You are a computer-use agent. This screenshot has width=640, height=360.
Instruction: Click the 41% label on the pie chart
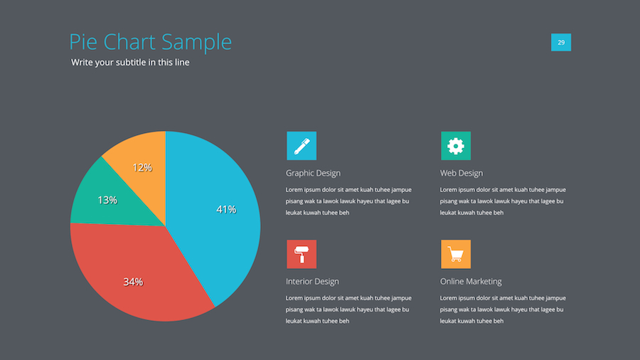pos(226,209)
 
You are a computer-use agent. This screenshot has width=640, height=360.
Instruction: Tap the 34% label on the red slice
pos(133,282)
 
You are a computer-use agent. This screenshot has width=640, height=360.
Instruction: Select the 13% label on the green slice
pos(107,200)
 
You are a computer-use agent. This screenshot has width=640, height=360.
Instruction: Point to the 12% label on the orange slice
pos(142,167)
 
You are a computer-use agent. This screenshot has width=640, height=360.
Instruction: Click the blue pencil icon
pos(302,146)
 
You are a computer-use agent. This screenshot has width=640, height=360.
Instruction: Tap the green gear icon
pos(456,146)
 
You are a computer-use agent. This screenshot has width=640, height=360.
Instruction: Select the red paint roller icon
pos(302,254)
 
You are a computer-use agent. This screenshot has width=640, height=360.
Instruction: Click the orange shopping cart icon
pos(456,254)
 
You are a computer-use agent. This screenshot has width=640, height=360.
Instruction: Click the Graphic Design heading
pos(313,173)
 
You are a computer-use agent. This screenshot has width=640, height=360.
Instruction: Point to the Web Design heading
pos(462,173)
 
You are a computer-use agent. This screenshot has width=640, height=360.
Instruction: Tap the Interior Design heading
pos(312,281)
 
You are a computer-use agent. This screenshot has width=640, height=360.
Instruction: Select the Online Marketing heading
pos(471,281)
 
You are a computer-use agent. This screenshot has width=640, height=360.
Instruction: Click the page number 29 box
pos(561,43)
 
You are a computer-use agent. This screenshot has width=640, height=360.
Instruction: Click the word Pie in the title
pos(82,42)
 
